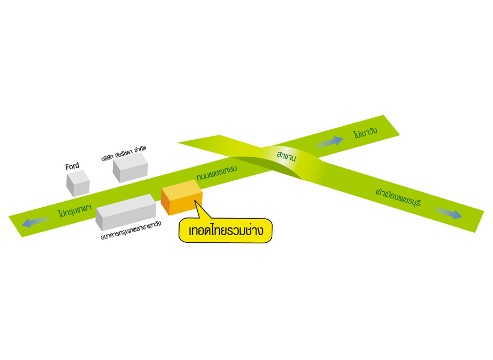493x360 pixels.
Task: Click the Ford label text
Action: tap(72, 166)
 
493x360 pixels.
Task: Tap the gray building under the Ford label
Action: tap(78, 183)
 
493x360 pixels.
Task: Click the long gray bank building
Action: tap(125, 211)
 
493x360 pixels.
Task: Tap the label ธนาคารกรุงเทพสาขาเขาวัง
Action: tap(131, 235)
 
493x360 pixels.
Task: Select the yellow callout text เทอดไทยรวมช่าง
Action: tap(226, 231)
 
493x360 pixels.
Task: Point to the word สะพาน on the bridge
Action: tap(286, 156)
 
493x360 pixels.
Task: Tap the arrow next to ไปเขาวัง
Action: tap(330, 142)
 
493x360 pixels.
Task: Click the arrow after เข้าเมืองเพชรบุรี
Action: tap(449, 213)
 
